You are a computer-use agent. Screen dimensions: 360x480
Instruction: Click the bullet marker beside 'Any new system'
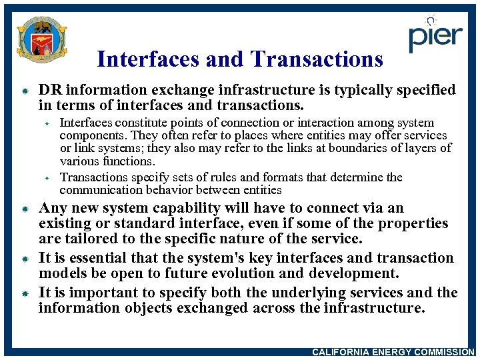(x=23, y=209)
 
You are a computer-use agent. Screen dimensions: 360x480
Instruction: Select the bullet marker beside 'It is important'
(x=23, y=293)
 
